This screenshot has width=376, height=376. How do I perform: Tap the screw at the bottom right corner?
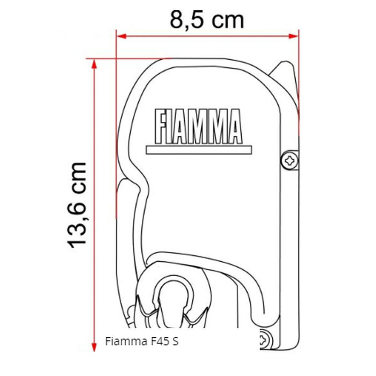pos(265,340)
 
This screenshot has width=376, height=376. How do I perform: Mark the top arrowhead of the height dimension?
pos(95,63)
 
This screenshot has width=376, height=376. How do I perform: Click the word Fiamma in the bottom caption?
pos(122,341)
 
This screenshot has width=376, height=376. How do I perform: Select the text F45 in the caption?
pos(153,341)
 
